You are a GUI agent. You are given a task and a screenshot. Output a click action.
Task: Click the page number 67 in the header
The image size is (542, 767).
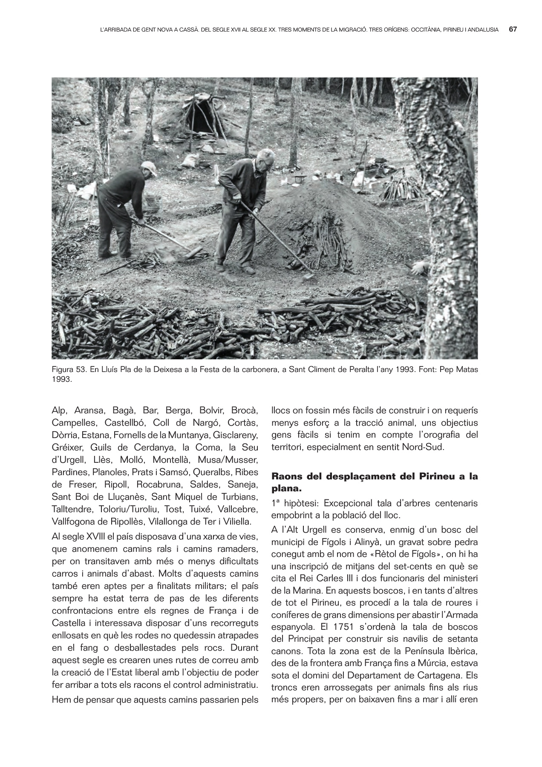pos(513,29)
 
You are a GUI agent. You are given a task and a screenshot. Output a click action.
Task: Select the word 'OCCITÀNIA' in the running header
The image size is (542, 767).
pos(427,30)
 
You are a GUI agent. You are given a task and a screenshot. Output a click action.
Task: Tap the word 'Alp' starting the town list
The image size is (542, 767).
pos(60,411)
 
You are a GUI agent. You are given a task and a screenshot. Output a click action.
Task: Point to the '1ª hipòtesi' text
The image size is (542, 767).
pos(293,503)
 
